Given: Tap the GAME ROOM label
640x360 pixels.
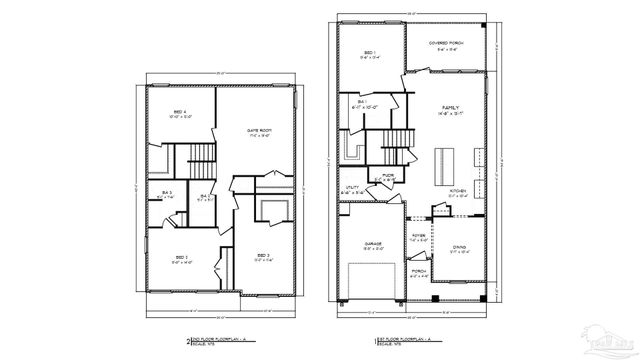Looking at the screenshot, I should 260,131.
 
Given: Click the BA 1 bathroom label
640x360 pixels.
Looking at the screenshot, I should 362,102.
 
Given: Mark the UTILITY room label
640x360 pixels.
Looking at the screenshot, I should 352,187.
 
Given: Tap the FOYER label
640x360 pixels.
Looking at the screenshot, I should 419,237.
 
